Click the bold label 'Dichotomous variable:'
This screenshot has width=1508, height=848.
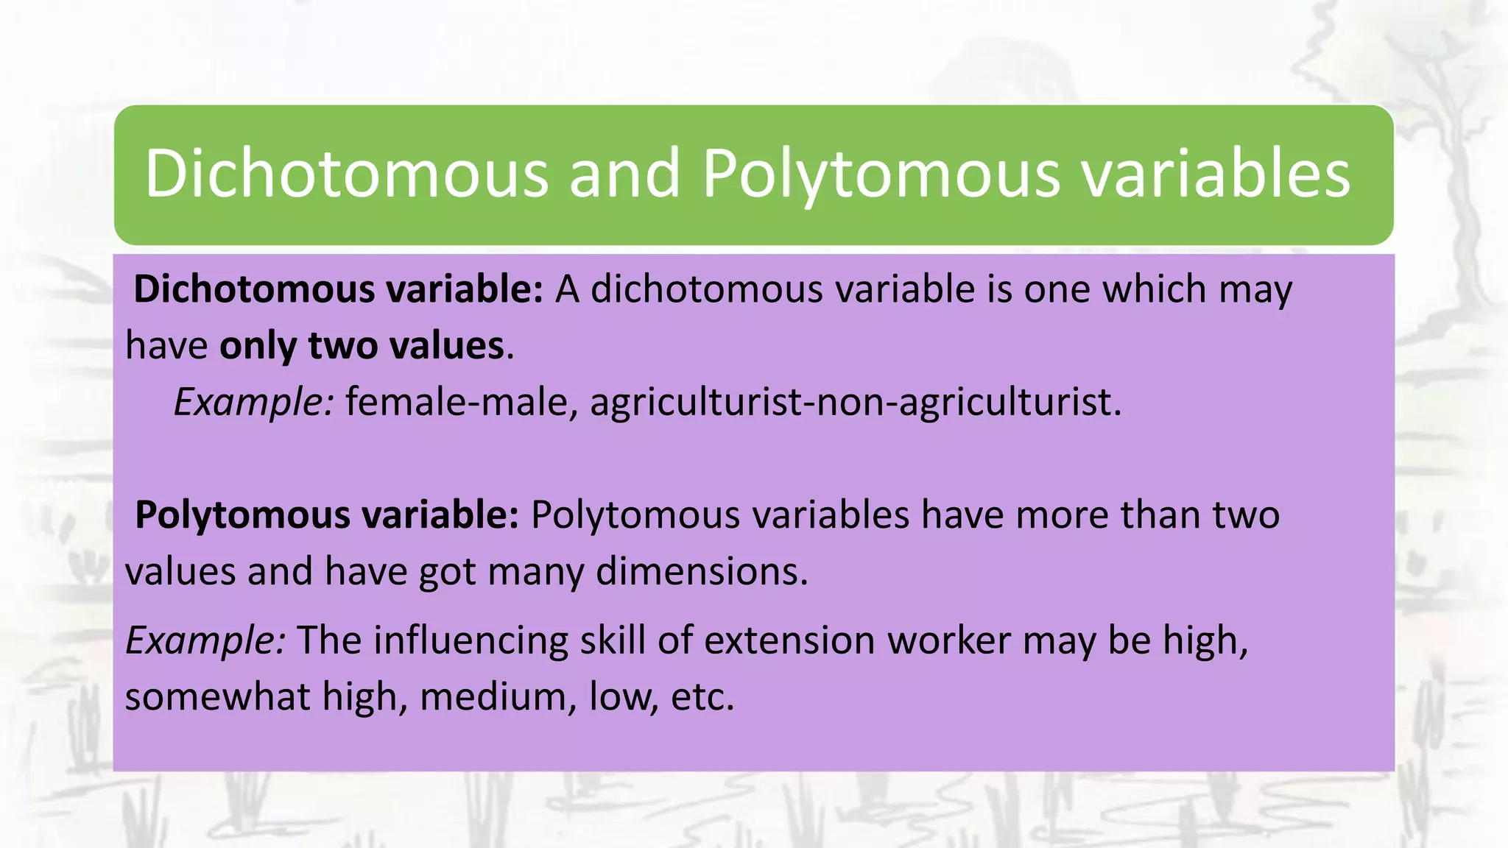point(338,289)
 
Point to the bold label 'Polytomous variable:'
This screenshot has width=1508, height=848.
point(328,515)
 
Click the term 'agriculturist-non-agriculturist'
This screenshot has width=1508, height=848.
point(855,402)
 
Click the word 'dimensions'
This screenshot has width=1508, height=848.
point(702,571)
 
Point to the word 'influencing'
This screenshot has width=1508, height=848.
point(471,640)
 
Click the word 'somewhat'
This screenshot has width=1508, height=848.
point(217,696)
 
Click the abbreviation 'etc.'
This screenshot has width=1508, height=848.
point(702,696)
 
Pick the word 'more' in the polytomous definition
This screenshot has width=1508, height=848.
point(1063,515)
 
